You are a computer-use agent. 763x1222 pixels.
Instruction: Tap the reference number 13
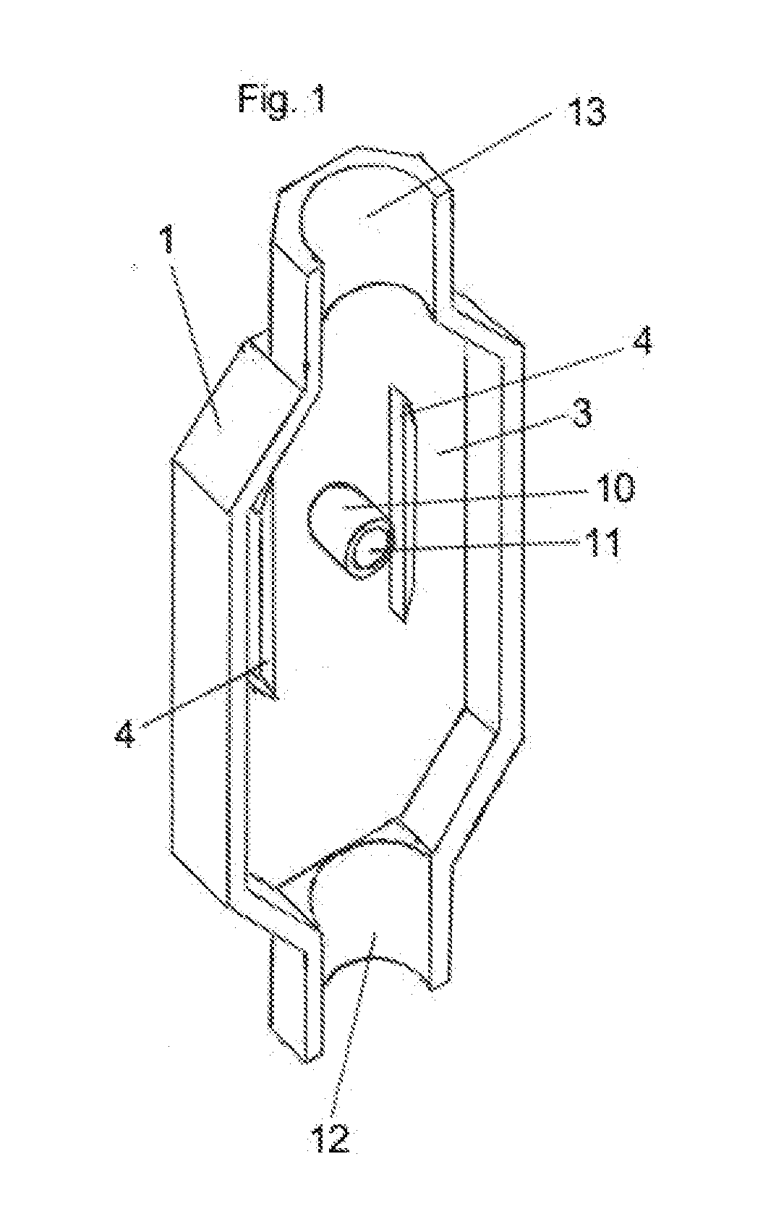click(585, 112)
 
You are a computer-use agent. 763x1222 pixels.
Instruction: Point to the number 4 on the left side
click(125, 734)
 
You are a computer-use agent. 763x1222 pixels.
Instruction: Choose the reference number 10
click(615, 487)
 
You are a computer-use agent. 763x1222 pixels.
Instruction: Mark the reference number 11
click(605, 542)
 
